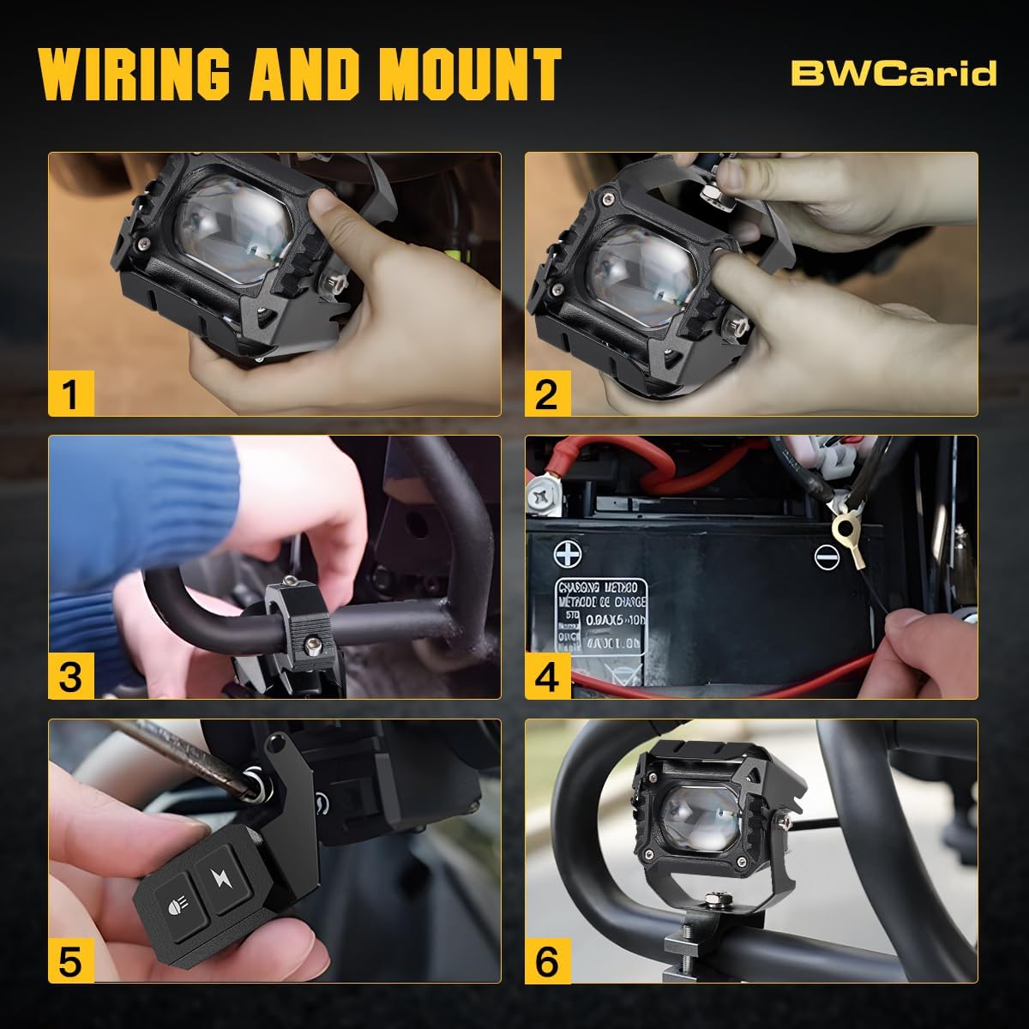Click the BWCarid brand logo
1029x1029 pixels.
pyautogui.click(x=894, y=73)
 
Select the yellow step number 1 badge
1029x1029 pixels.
pyautogui.click(x=69, y=394)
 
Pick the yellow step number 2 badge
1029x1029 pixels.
pyautogui.click(x=546, y=394)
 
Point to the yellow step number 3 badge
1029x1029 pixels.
pyautogui.click(x=69, y=677)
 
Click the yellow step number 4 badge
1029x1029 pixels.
pyautogui.click(x=546, y=677)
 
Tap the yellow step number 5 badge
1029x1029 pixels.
pyautogui.click(x=69, y=960)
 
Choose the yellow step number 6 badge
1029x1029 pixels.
pyautogui.click(x=546, y=960)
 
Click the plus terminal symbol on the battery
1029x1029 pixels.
pyautogui.click(x=566, y=555)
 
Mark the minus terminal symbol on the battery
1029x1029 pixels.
pyautogui.click(x=826, y=557)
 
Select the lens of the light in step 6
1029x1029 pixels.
pyautogui.click(x=696, y=815)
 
